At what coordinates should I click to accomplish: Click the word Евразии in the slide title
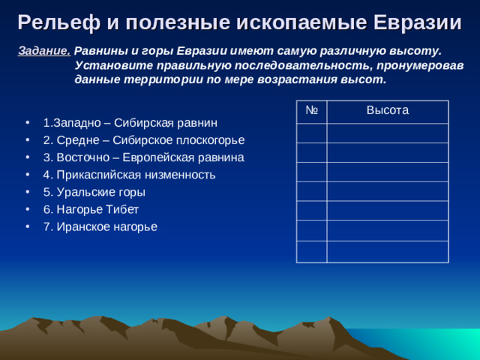416,22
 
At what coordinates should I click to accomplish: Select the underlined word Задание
43,51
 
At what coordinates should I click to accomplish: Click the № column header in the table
312,111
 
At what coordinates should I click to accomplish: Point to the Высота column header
387,111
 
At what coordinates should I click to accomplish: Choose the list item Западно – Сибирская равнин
130,122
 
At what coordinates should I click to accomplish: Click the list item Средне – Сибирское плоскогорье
143,140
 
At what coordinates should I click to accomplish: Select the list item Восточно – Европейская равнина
142,157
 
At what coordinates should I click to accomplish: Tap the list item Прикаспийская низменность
129,175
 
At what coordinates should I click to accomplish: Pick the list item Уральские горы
94,192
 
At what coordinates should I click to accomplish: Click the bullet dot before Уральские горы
28,192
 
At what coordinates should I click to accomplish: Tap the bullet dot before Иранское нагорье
28,226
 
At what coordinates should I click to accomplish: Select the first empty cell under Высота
387,133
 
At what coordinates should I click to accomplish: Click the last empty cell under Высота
387,251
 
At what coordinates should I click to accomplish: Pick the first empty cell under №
312,133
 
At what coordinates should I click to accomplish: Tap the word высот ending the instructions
367,79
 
